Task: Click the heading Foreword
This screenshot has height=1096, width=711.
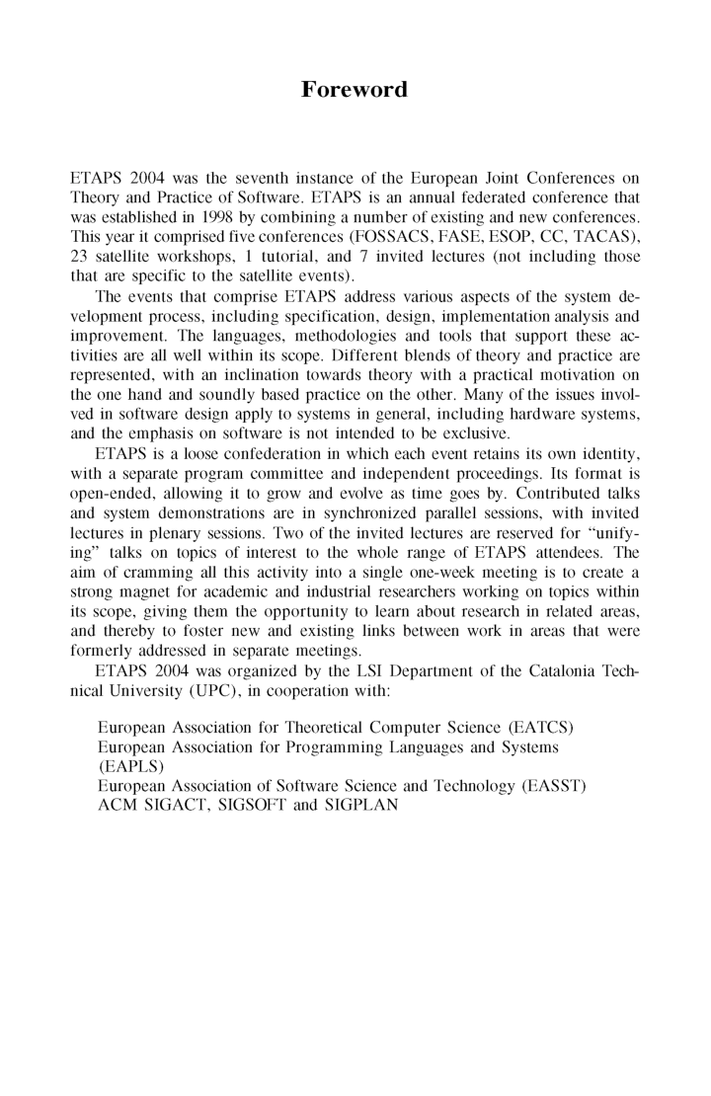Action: pos(355,90)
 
